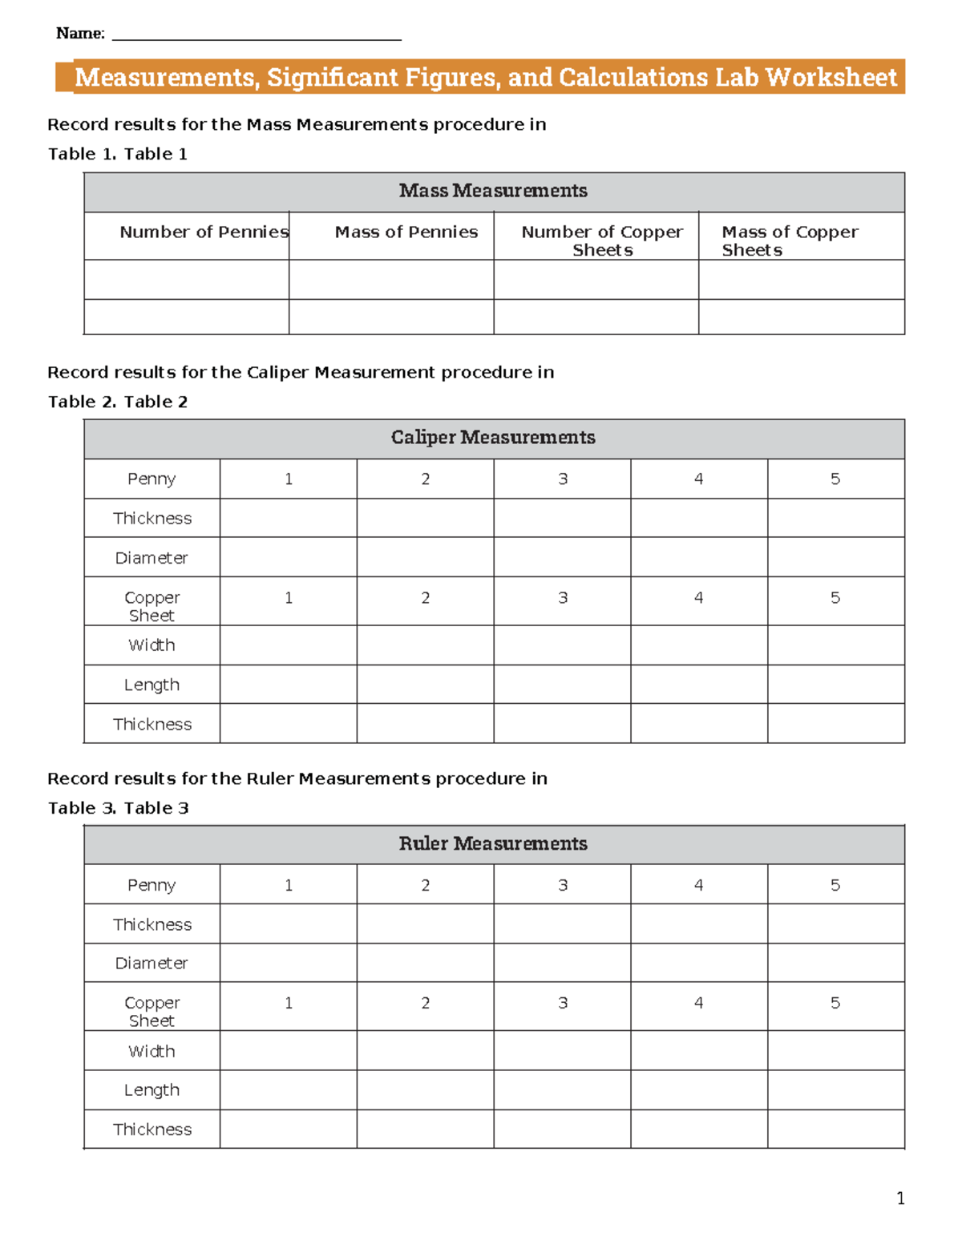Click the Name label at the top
click(x=80, y=34)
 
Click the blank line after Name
click(x=257, y=37)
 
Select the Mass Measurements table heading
click(x=493, y=191)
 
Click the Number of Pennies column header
click(x=204, y=232)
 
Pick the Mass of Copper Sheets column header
click(x=790, y=241)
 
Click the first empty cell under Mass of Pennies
click(x=391, y=280)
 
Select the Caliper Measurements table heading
click(x=493, y=438)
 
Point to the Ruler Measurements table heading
click(x=493, y=843)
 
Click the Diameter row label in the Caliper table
click(x=152, y=558)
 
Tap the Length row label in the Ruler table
click(x=152, y=1090)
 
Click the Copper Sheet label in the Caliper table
click(x=152, y=606)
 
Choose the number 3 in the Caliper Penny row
click(x=563, y=479)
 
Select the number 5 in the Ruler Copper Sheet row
click(x=835, y=1003)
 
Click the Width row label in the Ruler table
click(x=152, y=1051)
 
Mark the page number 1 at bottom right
click(x=900, y=1199)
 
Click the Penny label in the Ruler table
click(x=152, y=885)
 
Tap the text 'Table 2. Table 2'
click(x=118, y=402)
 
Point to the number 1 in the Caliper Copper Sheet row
click(x=289, y=598)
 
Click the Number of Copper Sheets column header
click(x=602, y=241)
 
